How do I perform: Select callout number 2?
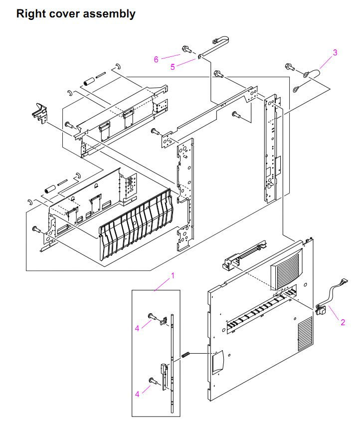[343, 322]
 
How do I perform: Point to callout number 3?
[335, 52]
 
